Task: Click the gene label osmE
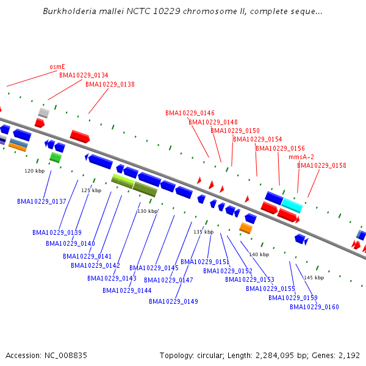(x=57, y=67)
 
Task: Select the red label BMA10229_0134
(x=84, y=76)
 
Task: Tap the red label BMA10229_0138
(x=110, y=85)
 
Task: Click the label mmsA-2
(x=301, y=157)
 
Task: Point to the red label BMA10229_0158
(x=321, y=165)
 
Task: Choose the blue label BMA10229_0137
(x=41, y=201)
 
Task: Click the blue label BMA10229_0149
(x=173, y=301)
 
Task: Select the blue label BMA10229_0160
(x=314, y=307)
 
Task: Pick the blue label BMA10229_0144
(x=127, y=290)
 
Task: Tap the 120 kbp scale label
(x=34, y=171)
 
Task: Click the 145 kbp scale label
(x=314, y=278)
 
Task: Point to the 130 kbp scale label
(x=147, y=211)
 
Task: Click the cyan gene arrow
(x=292, y=206)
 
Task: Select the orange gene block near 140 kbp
(x=246, y=228)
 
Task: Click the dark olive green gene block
(x=145, y=190)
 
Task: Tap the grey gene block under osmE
(x=43, y=112)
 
